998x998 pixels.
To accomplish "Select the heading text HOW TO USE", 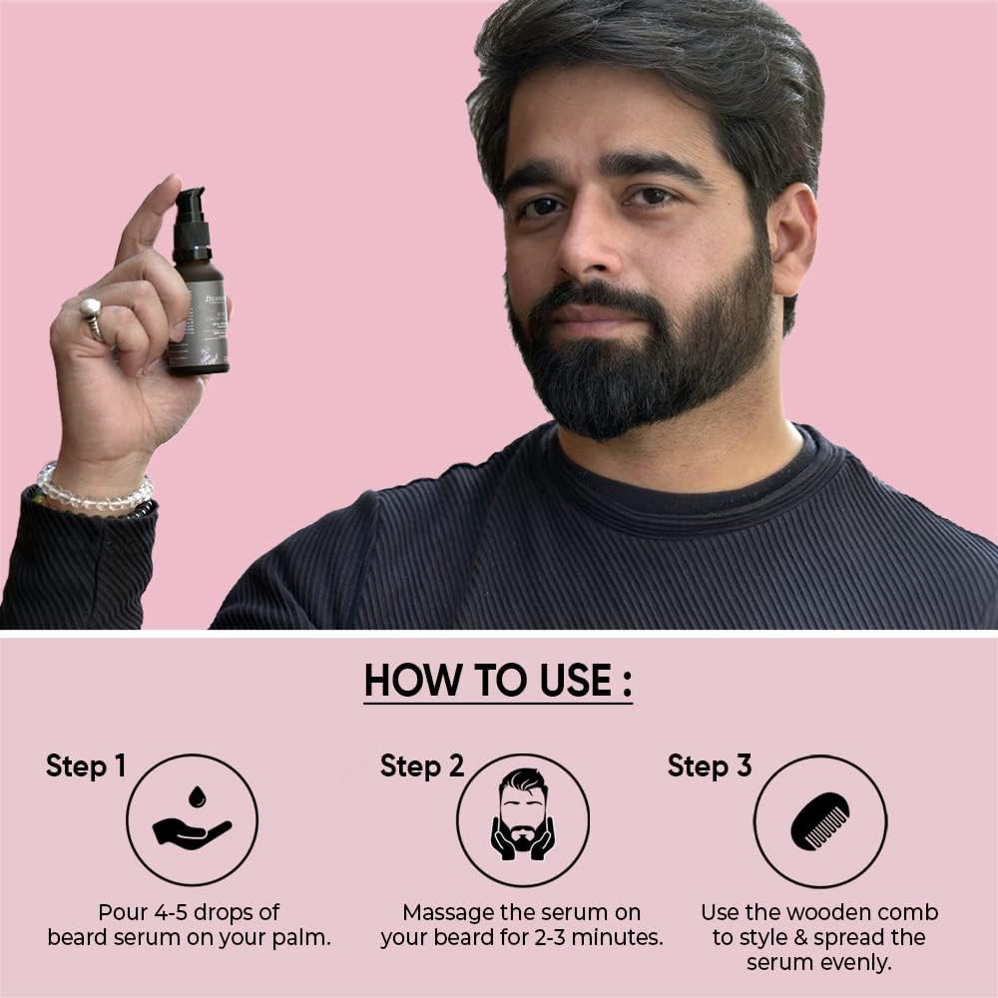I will (497, 681).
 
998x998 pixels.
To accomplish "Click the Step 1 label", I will (86, 766).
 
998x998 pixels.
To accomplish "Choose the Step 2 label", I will (422, 766).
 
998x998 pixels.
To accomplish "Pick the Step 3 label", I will (710, 766).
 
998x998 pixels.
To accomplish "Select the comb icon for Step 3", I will (819, 820).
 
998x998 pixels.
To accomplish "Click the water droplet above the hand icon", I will (197, 796).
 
